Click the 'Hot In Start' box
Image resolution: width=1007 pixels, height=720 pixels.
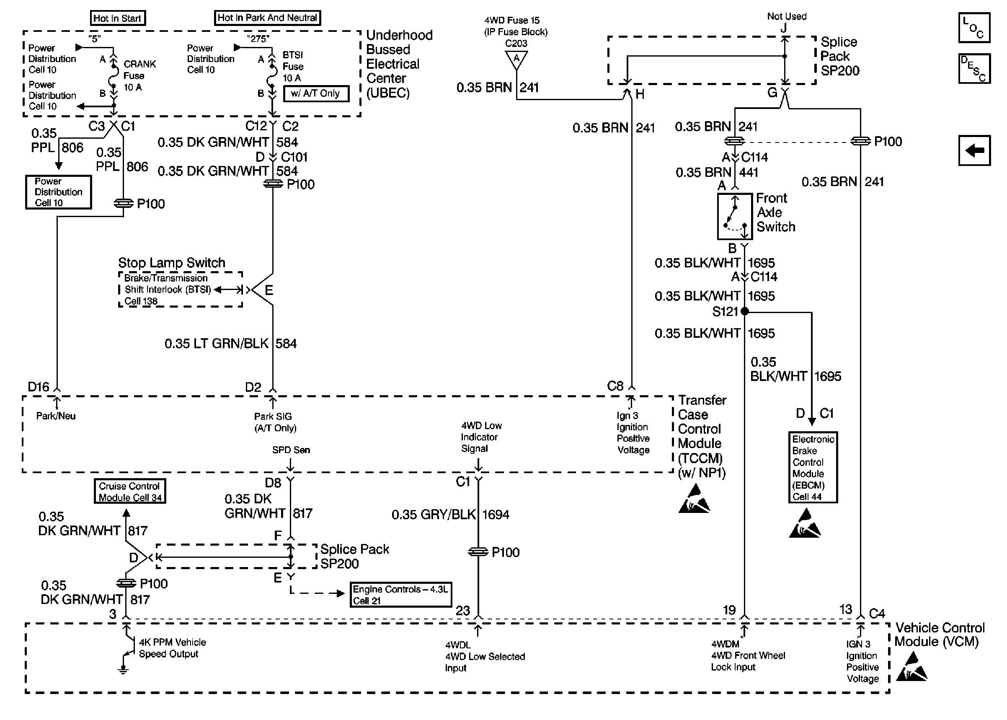click(117, 18)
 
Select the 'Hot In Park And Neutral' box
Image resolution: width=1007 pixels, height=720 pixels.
click(267, 18)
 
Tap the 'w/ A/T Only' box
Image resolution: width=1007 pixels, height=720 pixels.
click(316, 93)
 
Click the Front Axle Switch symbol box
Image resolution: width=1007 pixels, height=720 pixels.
click(735, 216)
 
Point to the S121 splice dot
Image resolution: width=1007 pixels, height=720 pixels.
click(745, 311)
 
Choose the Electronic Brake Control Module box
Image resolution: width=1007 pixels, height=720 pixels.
click(813, 467)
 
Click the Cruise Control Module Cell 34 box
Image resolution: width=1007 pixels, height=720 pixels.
click(130, 491)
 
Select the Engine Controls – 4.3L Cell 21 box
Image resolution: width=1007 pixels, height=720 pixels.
click(400, 595)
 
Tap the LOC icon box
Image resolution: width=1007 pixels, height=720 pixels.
click(974, 28)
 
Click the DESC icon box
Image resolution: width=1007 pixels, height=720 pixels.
click(974, 69)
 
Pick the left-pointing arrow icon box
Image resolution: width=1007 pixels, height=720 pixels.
click(974, 150)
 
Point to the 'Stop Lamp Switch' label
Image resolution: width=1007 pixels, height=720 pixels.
click(171, 262)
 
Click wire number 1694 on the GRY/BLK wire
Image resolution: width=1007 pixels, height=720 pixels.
click(495, 515)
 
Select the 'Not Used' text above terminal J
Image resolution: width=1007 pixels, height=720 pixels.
click(786, 16)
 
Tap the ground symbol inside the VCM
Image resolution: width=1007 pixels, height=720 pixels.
click(123, 669)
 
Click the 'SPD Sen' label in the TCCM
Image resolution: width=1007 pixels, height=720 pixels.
click(291, 450)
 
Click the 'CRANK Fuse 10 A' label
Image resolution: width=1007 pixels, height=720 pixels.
click(139, 76)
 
